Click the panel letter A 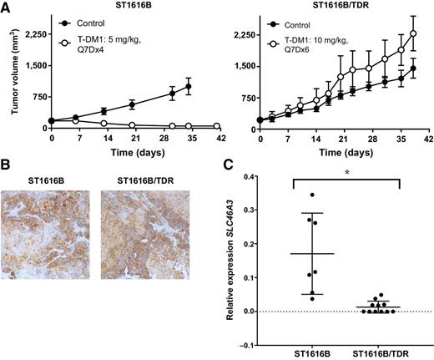click(x=6, y=7)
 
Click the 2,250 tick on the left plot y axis click(x=32, y=35)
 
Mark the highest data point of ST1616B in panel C click(x=289, y=195)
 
